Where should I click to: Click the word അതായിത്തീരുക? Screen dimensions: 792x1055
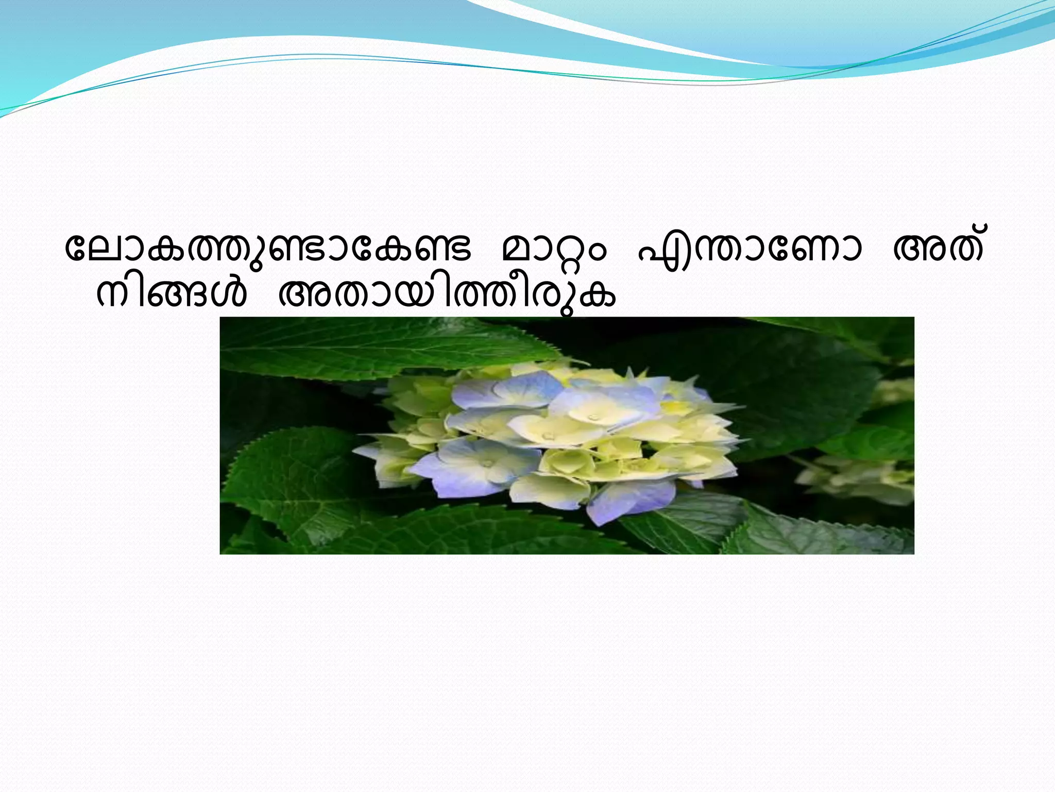pos(446,296)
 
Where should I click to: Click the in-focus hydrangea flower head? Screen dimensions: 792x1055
pos(551,438)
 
